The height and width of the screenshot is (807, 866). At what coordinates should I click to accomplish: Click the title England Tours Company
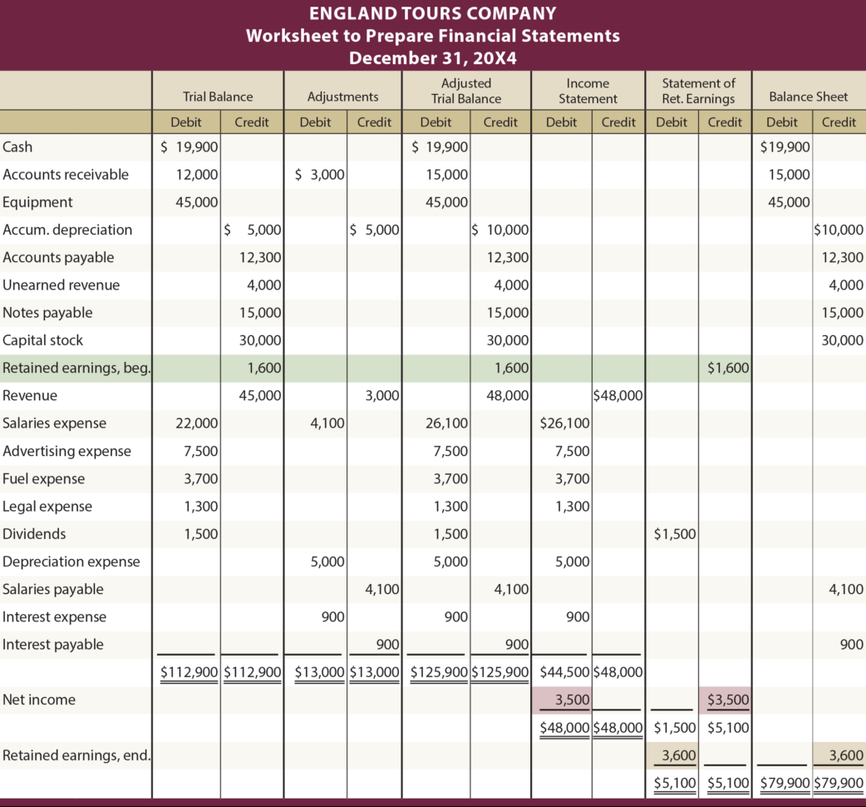[x=432, y=13]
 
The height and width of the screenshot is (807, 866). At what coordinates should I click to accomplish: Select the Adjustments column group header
[x=342, y=97]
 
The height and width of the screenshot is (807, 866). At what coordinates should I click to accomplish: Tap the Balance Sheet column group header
[x=808, y=97]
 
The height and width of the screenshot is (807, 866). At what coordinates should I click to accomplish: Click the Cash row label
[x=17, y=146]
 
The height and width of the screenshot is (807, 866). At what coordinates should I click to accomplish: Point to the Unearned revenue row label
[x=61, y=285]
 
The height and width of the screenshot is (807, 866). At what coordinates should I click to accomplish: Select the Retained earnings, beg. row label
[x=76, y=369]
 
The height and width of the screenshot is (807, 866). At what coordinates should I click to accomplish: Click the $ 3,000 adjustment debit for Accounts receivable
[x=320, y=175]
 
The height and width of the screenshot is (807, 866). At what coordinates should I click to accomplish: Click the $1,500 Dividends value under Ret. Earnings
[x=675, y=534]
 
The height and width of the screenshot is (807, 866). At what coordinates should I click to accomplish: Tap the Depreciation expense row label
[x=71, y=562]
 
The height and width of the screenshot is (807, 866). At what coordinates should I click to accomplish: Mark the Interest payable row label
[x=53, y=645]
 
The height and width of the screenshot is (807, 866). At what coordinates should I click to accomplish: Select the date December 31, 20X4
[x=432, y=58]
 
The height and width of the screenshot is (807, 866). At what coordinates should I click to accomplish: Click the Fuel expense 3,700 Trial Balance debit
[x=202, y=479]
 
